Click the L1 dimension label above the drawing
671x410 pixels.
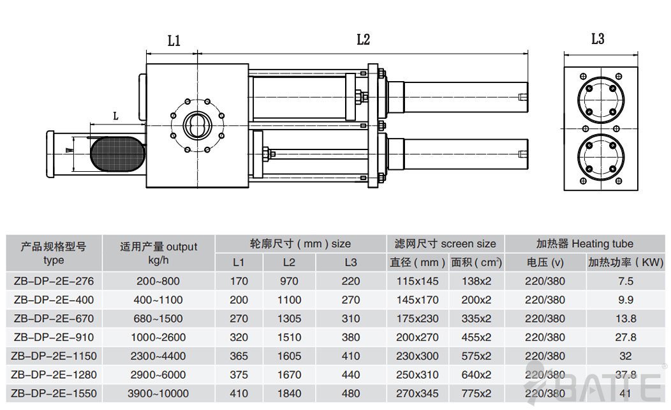173,42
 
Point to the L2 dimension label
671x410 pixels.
363,40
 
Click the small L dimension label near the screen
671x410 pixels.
115,116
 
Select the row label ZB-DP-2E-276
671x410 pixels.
52,281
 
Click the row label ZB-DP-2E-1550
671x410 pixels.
52,393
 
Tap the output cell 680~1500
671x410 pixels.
158,318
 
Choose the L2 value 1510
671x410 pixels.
288,337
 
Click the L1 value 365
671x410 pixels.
239,355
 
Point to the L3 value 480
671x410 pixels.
351,393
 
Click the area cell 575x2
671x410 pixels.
476,355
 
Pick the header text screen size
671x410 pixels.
468,243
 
